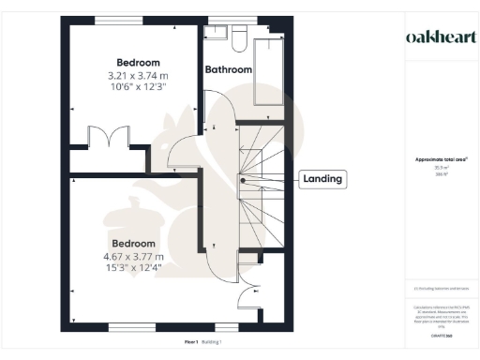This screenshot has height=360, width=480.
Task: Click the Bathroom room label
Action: (x=229, y=69)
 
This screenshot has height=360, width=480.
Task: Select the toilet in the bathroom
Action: (x=237, y=37)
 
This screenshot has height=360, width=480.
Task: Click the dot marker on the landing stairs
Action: (x=243, y=179)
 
